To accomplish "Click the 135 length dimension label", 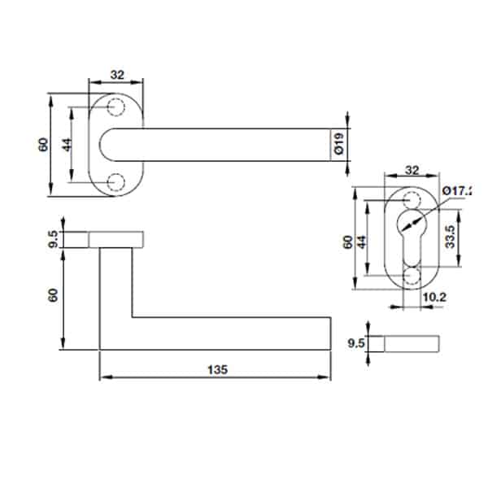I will pyautogui.click(x=216, y=368).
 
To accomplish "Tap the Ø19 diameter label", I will pyautogui.click(x=338, y=147).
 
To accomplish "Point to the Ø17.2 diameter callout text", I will pyautogui.click(x=456, y=190).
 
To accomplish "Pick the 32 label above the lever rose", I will pyautogui.click(x=116, y=75).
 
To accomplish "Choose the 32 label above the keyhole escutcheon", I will pyautogui.click(x=411, y=172).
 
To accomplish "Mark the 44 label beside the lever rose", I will pyautogui.click(x=67, y=146).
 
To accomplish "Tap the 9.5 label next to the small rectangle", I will pyautogui.click(x=355, y=343).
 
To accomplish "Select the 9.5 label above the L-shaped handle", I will pyautogui.click(x=54, y=239).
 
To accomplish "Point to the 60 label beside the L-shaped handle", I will pyautogui.click(x=54, y=297).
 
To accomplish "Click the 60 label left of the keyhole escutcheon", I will pyautogui.click(x=347, y=242).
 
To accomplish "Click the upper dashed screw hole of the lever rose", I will pyautogui.click(x=116, y=108).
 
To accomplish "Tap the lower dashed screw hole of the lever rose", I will pyautogui.click(x=116, y=181).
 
